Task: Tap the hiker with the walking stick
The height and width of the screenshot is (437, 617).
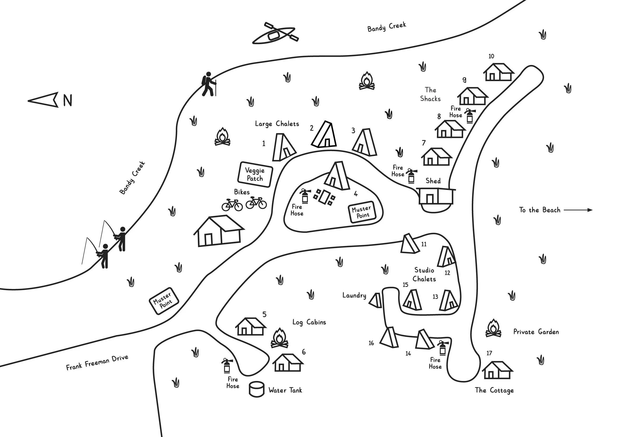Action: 209,84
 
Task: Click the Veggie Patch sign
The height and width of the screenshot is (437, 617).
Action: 255,174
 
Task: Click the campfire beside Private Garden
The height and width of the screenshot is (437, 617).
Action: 493,329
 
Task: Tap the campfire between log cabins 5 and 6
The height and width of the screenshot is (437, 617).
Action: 279,338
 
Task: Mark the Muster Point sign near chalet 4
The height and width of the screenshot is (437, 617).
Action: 362,212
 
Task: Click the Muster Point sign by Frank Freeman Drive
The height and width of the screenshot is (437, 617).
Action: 164,301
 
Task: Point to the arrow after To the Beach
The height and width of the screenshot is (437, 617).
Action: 578,210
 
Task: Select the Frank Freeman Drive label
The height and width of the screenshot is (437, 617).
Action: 97,363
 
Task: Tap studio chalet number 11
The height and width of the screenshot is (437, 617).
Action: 409,244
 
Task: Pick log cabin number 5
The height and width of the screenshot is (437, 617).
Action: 250,327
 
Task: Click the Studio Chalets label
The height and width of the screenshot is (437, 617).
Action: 424,275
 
